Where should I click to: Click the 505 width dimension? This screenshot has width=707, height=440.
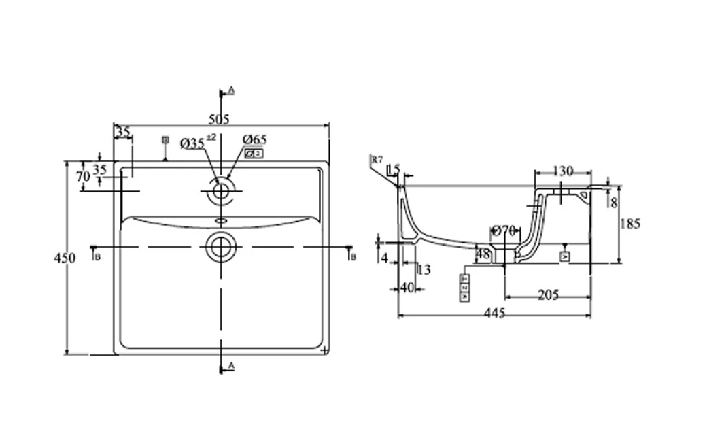click(219, 120)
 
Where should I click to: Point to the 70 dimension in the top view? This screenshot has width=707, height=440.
click(84, 175)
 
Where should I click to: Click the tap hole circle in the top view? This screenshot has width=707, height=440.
click(220, 190)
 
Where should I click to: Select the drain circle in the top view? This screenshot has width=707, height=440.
click(220, 246)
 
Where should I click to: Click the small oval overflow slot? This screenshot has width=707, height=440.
click(221, 220)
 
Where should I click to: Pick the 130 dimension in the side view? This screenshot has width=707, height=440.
click(564, 171)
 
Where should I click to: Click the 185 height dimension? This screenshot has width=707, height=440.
click(630, 224)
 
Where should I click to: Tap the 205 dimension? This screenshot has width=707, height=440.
click(548, 294)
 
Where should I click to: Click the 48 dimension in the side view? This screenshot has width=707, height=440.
click(482, 254)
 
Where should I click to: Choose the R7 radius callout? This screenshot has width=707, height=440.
click(377, 160)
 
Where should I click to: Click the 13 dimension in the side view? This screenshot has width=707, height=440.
click(424, 270)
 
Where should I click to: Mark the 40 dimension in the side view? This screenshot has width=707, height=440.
click(407, 288)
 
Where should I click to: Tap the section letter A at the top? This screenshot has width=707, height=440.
click(231, 90)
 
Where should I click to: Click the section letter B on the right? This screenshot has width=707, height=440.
click(353, 256)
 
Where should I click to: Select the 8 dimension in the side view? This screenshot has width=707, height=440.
click(614, 202)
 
